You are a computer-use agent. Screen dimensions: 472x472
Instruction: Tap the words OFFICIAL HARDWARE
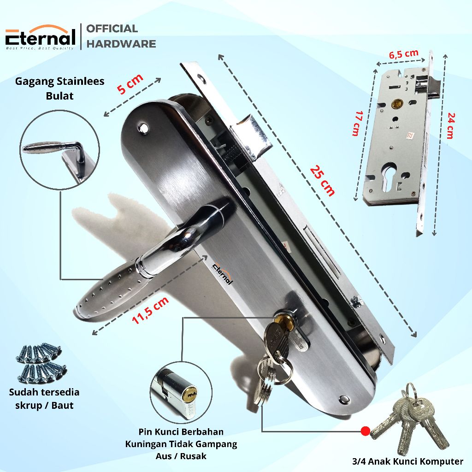121,36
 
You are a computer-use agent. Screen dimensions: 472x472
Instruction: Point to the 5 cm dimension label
130,84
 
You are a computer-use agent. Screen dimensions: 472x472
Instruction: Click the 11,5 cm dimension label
150,310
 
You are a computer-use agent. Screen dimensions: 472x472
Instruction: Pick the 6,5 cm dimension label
404,54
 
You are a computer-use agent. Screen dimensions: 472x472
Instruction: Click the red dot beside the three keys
365,431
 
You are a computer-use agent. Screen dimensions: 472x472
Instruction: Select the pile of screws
39,364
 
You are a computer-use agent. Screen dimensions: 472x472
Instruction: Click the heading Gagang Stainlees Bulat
60,88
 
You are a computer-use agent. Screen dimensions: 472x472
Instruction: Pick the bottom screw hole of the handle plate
345,398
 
